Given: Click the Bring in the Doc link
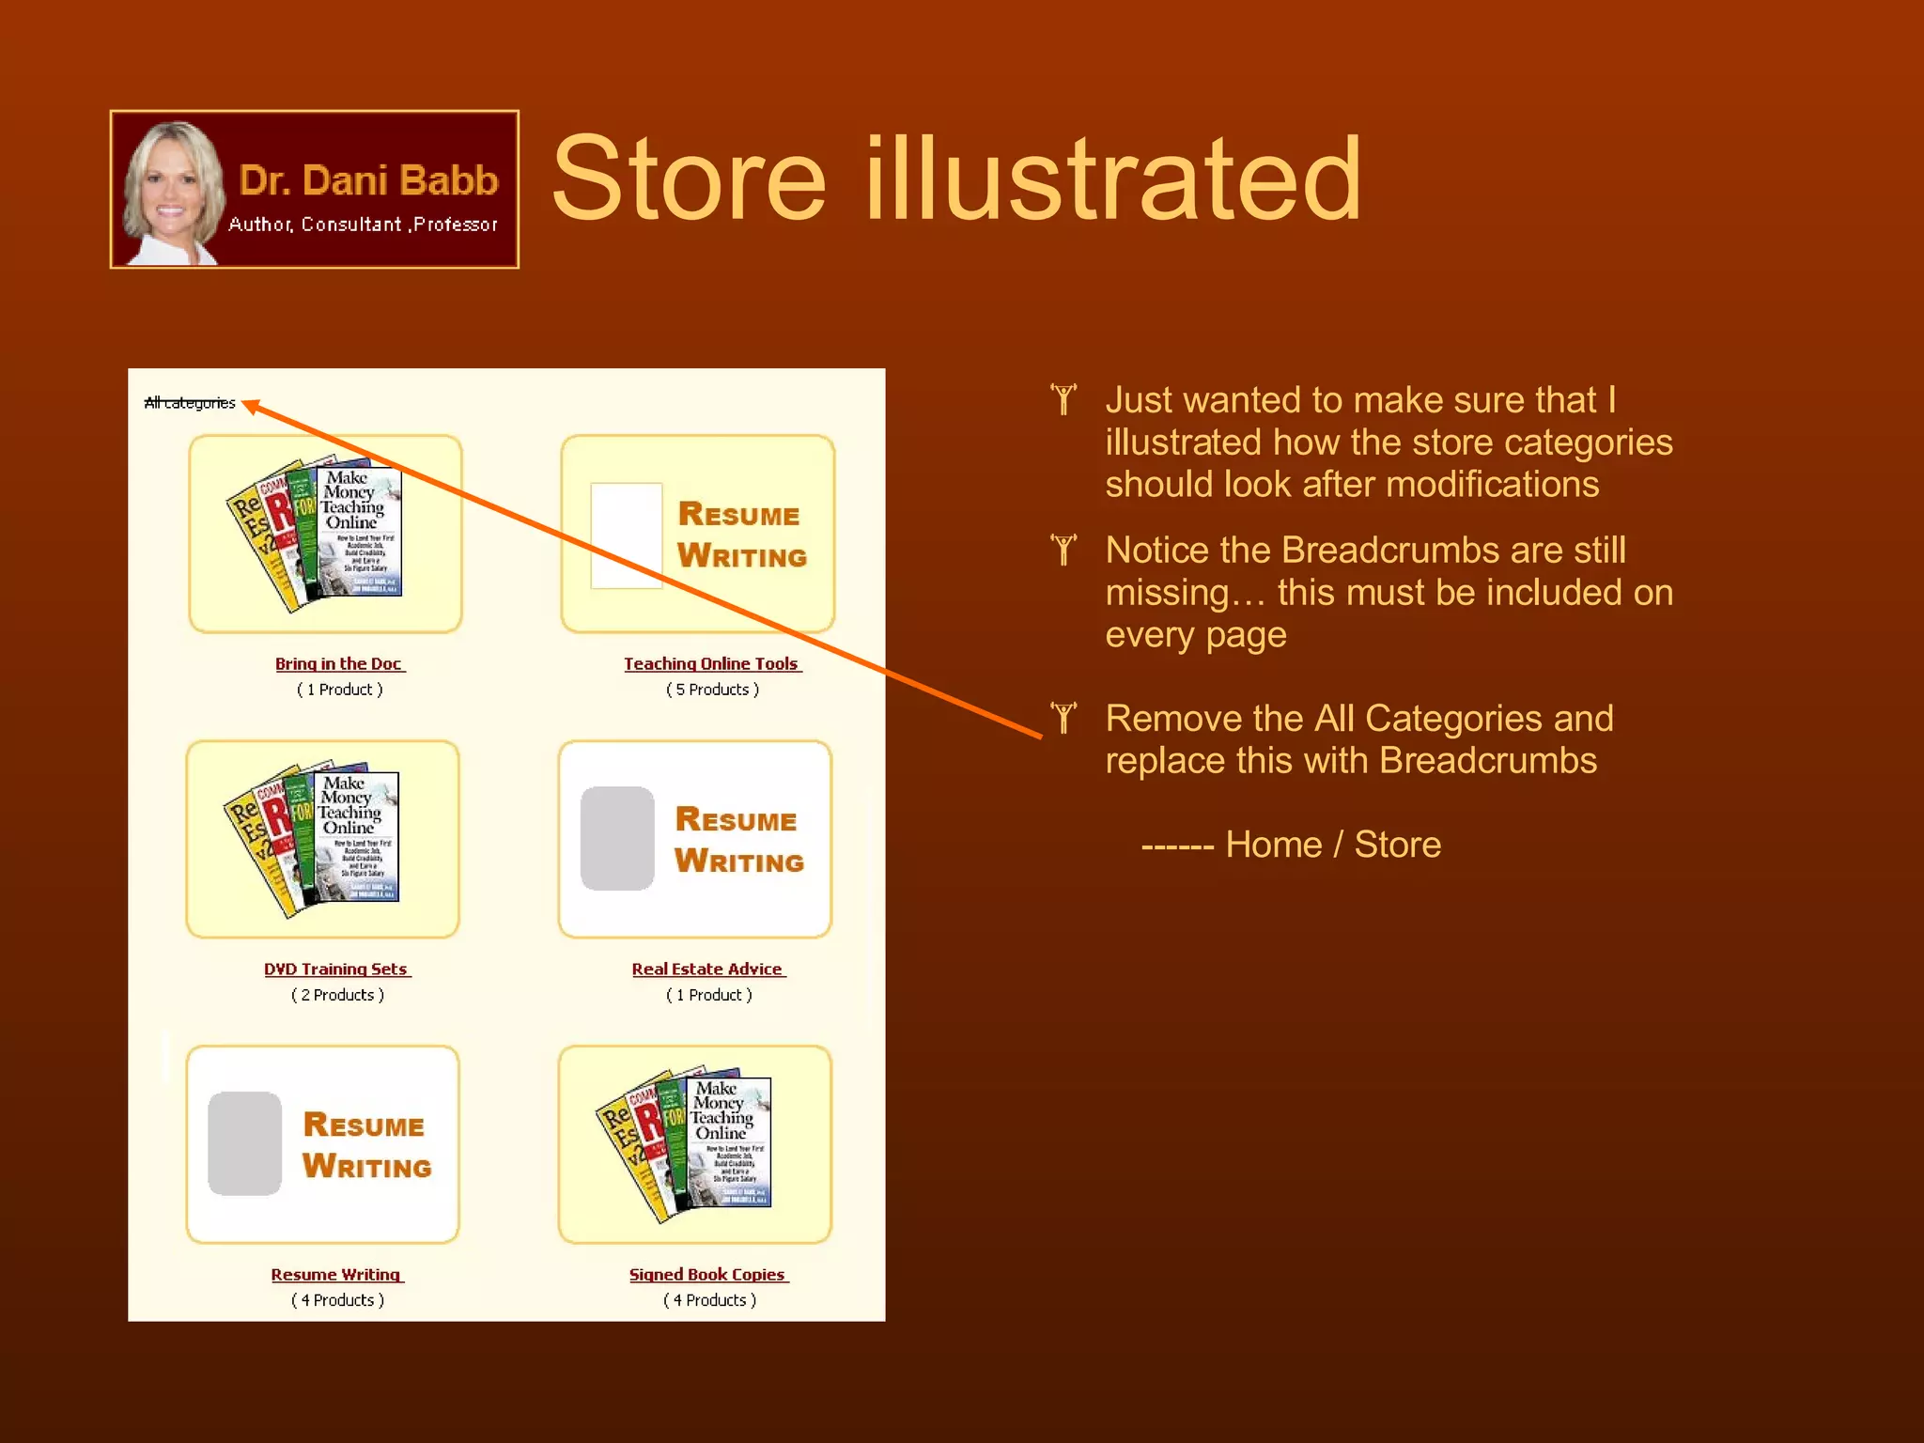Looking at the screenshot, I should (x=338, y=664).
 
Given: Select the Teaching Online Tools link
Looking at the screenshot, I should (x=711, y=664).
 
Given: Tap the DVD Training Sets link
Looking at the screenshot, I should (x=335, y=970).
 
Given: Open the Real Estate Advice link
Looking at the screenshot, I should (x=707, y=970).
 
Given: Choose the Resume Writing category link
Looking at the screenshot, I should (x=335, y=1275).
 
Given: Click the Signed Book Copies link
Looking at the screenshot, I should (x=707, y=1275).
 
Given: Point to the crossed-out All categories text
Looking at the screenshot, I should (x=190, y=403).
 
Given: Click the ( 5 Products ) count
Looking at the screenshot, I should (x=712, y=690).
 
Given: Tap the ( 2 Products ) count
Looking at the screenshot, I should (x=337, y=995).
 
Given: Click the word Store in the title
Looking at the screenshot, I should (x=689, y=178).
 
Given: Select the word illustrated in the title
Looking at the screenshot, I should (x=1113, y=178).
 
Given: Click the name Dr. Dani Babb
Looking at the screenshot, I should (x=368, y=180).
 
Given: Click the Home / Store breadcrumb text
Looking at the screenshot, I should (x=1332, y=845).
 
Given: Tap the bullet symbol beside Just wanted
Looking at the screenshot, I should (x=1063, y=399).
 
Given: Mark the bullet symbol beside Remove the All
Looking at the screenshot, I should (x=1063, y=718).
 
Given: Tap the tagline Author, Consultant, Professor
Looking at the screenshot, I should (x=363, y=225).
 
